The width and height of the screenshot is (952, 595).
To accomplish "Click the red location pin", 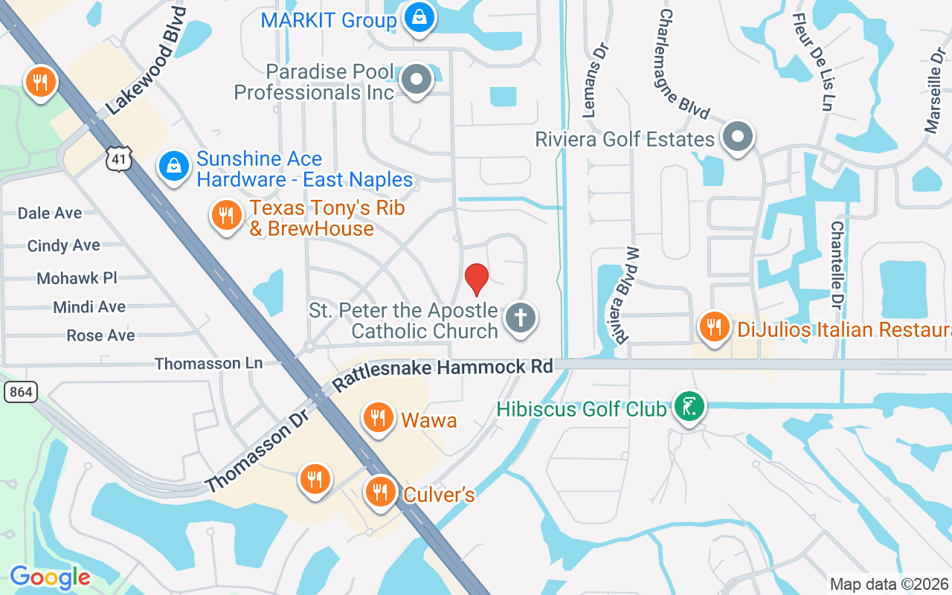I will click(476, 279).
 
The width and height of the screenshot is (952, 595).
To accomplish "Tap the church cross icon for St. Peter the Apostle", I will click(521, 318).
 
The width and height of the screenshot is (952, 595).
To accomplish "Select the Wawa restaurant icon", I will click(379, 417).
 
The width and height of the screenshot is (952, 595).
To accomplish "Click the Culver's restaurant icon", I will click(381, 491).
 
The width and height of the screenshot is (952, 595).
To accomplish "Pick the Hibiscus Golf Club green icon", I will click(689, 406).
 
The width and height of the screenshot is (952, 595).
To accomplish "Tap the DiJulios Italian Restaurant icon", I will click(714, 326).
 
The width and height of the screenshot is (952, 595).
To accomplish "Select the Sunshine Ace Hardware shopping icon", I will click(174, 167).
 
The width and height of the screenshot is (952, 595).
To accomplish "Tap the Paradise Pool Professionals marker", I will click(416, 80).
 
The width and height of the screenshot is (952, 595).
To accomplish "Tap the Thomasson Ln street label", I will click(209, 363).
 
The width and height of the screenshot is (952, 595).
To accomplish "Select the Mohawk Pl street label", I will click(77, 278).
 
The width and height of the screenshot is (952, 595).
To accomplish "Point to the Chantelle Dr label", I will click(837, 266).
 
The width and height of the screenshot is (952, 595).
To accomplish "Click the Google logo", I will click(50, 577).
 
